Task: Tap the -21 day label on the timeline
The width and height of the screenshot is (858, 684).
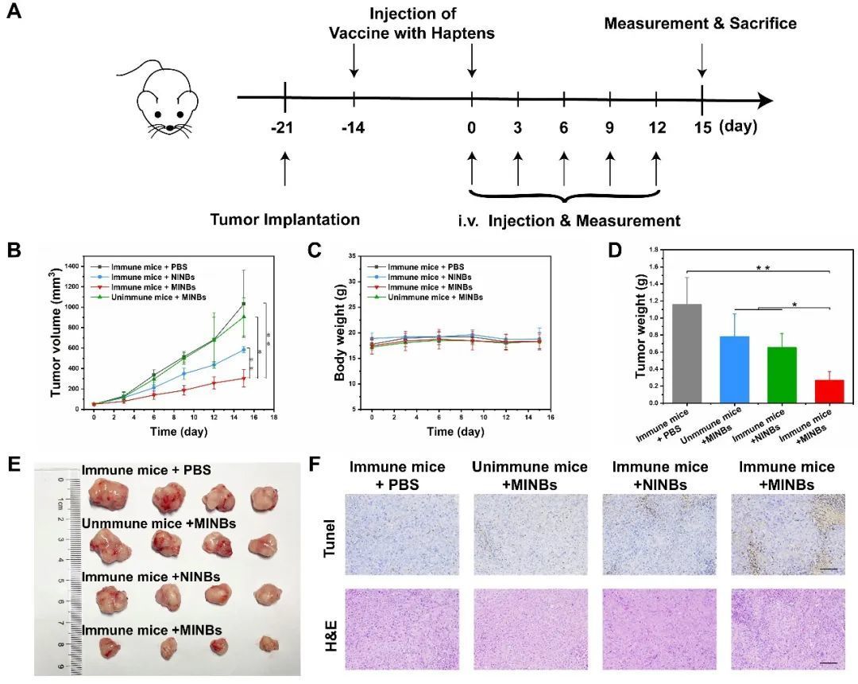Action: point(284,128)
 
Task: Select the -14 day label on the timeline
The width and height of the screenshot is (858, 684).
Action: point(353,128)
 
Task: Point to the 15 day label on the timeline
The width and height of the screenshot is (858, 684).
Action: point(702,127)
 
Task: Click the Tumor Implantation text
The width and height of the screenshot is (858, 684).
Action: point(285,220)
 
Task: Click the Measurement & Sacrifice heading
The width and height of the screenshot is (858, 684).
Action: point(700,23)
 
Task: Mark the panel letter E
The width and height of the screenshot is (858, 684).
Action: point(13,464)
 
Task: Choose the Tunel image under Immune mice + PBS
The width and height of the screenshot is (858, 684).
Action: point(402,534)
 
